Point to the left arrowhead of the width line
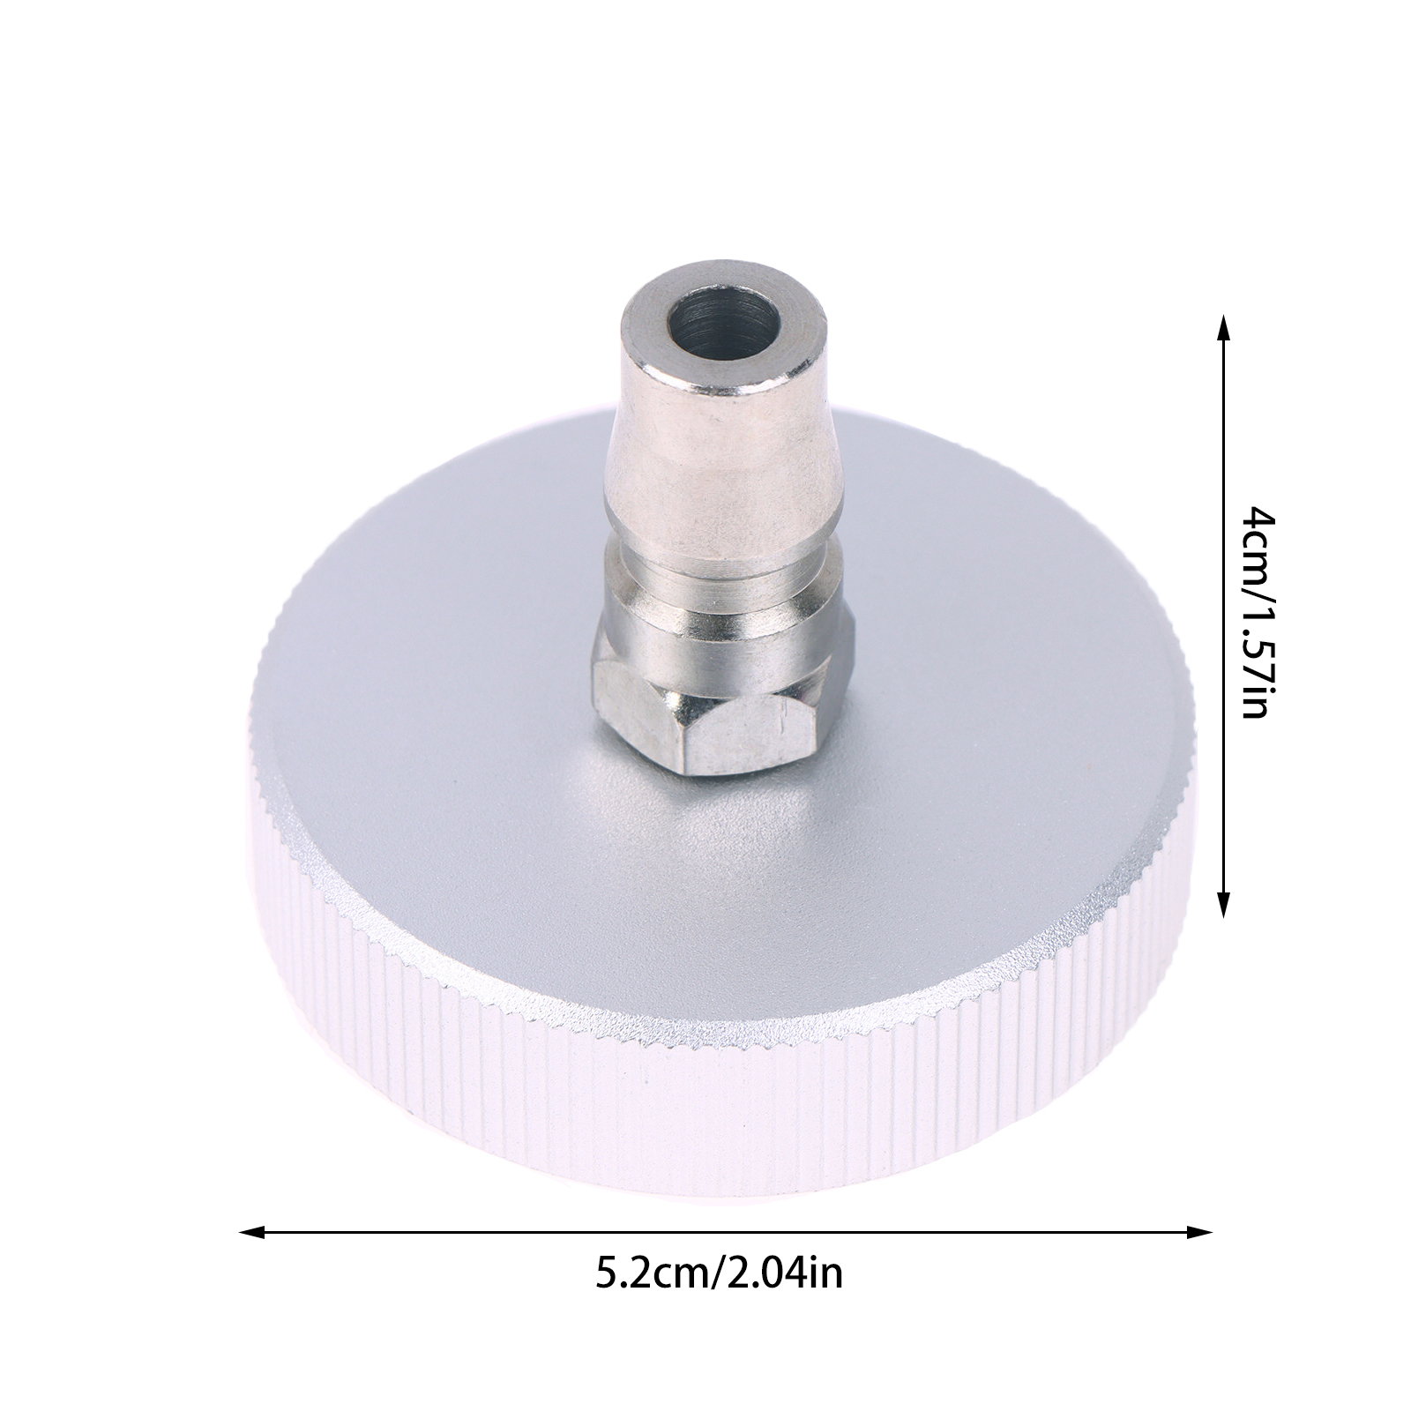point(251,1231)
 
